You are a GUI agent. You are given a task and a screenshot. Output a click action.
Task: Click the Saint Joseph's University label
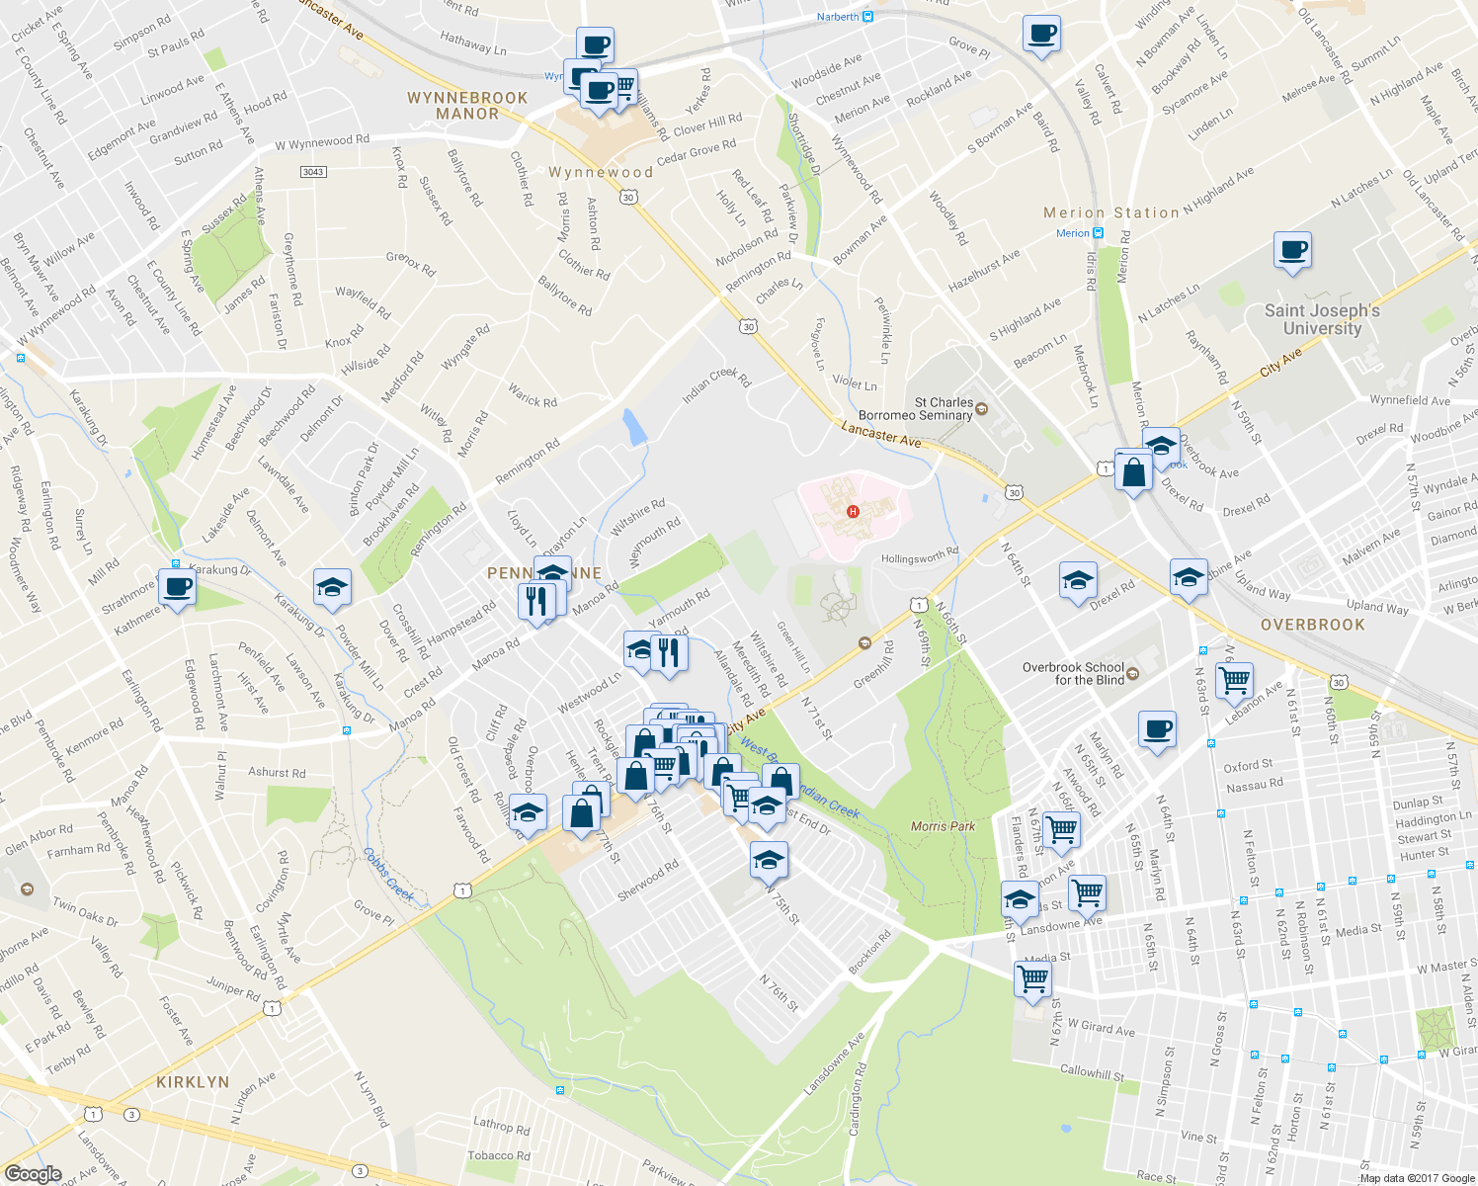pyautogui.click(x=1322, y=319)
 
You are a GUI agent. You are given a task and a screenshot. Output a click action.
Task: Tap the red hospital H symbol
pyautogui.click(x=853, y=511)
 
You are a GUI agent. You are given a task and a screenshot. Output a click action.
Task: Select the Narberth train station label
pyautogui.click(x=838, y=17)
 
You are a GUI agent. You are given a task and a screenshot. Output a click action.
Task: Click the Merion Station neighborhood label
pyautogui.click(x=1111, y=212)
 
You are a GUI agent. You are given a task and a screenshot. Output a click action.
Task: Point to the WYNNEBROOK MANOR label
pyautogui.click(x=467, y=106)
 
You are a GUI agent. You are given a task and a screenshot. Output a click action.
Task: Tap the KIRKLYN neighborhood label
pyautogui.click(x=193, y=1082)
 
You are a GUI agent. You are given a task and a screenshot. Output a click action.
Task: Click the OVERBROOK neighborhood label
pyautogui.click(x=1312, y=625)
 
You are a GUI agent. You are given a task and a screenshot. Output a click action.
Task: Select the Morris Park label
pyautogui.click(x=943, y=826)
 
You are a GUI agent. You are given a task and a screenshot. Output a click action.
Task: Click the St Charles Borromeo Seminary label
pyautogui.click(x=915, y=409)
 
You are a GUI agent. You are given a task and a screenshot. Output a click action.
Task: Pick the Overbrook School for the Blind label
pyautogui.click(x=1074, y=673)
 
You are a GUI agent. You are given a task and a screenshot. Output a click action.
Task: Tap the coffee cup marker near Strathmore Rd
pyautogui.click(x=177, y=587)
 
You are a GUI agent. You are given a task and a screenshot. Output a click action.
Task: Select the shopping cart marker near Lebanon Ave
pyautogui.click(x=1234, y=679)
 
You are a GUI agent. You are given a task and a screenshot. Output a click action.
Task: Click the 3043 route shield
pyautogui.click(x=313, y=172)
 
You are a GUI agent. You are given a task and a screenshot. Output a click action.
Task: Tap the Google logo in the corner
pyautogui.click(x=33, y=1174)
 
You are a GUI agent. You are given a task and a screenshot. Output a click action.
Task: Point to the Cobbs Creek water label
pyautogui.click(x=387, y=875)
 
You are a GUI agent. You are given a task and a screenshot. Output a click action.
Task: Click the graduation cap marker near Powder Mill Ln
pyautogui.click(x=332, y=587)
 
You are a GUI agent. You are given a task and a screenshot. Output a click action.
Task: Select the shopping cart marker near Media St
pyautogui.click(x=1032, y=978)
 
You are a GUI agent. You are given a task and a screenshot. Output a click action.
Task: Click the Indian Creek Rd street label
pyautogui.click(x=716, y=385)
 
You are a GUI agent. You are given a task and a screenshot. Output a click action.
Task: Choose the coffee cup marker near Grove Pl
pyautogui.click(x=1042, y=34)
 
